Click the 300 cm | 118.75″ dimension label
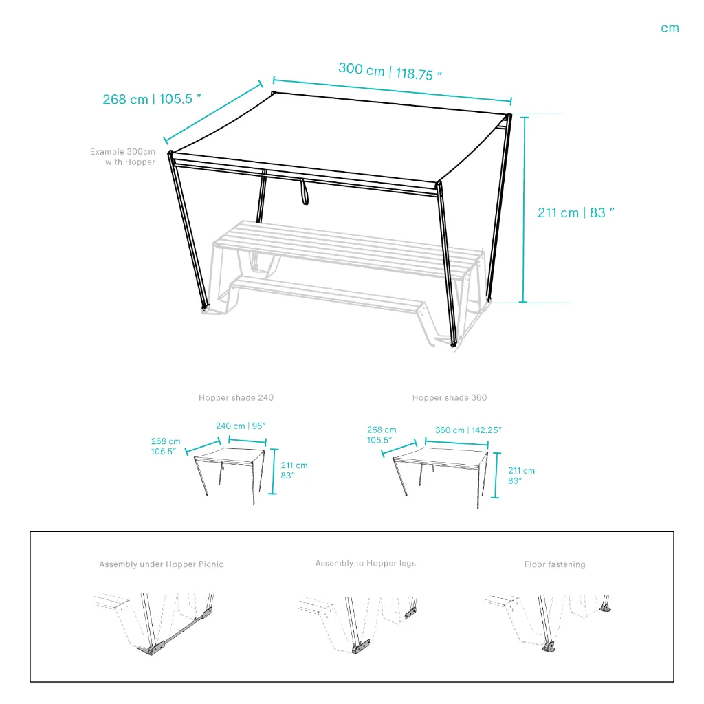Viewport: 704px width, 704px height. click(390, 71)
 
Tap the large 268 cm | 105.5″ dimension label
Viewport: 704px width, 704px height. click(152, 99)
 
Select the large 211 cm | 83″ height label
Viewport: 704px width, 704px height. click(575, 212)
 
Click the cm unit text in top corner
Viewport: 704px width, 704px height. click(670, 28)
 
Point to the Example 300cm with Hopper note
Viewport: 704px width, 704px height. click(122, 157)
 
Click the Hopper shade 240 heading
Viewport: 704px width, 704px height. click(236, 398)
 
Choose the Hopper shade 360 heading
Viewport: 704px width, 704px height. click(450, 398)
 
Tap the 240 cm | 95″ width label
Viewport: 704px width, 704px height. click(241, 426)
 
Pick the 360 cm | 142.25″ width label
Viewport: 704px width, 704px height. click(468, 430)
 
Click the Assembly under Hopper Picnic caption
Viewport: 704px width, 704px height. click(161, 564)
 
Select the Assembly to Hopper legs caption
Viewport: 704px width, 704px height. click(366, 564)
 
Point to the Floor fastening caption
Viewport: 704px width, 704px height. click(555, 564)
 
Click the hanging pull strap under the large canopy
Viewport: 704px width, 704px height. click(305, 192)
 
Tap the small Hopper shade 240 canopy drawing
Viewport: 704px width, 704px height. click(230, 476)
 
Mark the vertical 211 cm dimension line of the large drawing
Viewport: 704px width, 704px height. click(524, 210)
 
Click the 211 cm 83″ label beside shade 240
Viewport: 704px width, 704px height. click(294, 470)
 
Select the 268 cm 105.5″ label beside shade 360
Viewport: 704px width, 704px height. click(382, 435)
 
